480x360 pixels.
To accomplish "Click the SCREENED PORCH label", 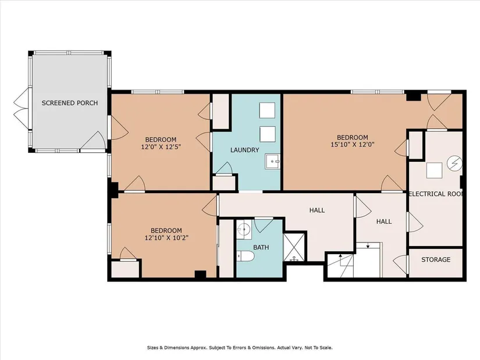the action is pyautogui.click(x=70, y=103).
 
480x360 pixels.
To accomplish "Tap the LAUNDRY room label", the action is pyautogui.click(x=244, y=150).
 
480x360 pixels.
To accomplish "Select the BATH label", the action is pyautogui.click(x=261, y=247).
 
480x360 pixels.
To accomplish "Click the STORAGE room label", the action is pyautogui.click(x=436, y=259).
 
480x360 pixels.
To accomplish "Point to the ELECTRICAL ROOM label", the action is pyautogui.click(x=436, y=194).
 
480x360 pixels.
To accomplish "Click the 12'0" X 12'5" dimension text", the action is pyautogui.click(x=161, y=147).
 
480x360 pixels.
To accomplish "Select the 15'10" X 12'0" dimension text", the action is pyautogui.click(x=353, y=144).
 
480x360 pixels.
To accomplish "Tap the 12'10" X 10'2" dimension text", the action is pyautogui.click(x=166, y=237).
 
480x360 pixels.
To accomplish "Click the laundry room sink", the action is pyautogui.click(x=272, y=161).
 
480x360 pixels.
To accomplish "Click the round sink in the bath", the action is pyautogui.click(x=244, y=229).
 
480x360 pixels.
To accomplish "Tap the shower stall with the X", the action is pyautogui.click(x=294, y=247).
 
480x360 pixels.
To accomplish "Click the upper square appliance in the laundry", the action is pyautogui.click(x=267, y=110).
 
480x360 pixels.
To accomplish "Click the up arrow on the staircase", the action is pyautogui.click(x=340, y=256).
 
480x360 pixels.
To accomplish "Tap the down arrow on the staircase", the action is pyautogui.click(x=368, y=246).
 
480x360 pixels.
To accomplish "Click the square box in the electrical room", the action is pyautogui.click(x=435, y=170).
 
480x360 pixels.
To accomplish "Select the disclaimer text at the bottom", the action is pyautogui.click(x=240, y=348).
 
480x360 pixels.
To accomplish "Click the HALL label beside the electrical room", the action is pyautogui.click(x=384, y=222).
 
